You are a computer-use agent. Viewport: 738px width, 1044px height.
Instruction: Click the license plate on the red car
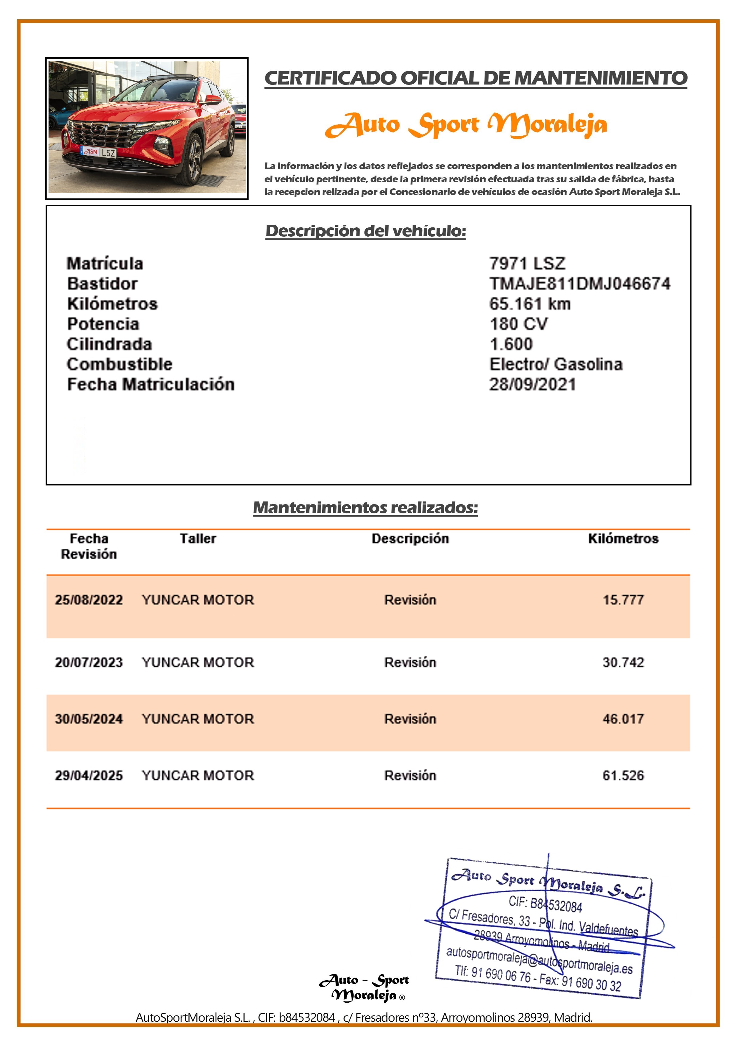pyautogui.click(x=99, y=152)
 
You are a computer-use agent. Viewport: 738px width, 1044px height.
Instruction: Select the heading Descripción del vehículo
pyautogui.click(x=366, y=231)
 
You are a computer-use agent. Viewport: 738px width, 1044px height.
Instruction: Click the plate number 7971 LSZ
pyautogui.click(x=527, y=263)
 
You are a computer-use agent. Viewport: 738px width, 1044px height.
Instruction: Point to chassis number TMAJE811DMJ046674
pyautogui.click(x=579, y=284)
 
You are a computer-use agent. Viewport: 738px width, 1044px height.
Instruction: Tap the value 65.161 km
pyautogui.click(x=530, y=304)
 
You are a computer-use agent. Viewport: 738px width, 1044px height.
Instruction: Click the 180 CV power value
pyautogui.click(x=518, y=324)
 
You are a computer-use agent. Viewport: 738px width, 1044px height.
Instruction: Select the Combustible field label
pyautogui.click(x=120, y=364)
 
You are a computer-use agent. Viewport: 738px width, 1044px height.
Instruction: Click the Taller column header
pyautogui.click(x=198, y=539)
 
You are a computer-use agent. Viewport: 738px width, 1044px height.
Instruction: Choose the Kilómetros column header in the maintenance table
pyautogui.click(x=623, y=539)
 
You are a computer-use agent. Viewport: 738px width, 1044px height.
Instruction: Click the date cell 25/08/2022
pyautogui.click(x=89, y=600)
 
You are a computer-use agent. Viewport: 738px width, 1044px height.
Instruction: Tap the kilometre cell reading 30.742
pyautogui.click(x=623, y=662)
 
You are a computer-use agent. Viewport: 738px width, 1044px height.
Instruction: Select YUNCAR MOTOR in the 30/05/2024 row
pyautogui.click(x=198, y=719)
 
